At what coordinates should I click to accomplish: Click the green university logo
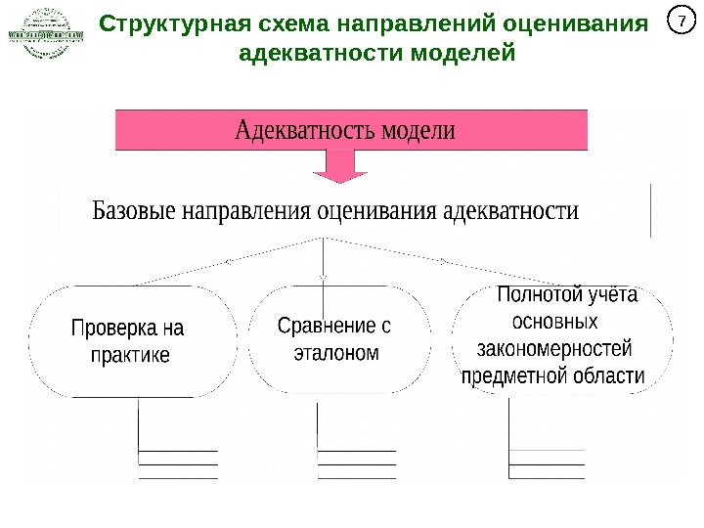45,34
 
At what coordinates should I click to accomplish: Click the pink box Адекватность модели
352,130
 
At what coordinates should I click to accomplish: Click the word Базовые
133,211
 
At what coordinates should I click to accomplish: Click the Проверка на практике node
134,340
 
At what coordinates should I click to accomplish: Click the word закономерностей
553,348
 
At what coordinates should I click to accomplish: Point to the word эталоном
335,353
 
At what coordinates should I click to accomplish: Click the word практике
129,354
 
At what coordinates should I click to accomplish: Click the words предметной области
552,375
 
